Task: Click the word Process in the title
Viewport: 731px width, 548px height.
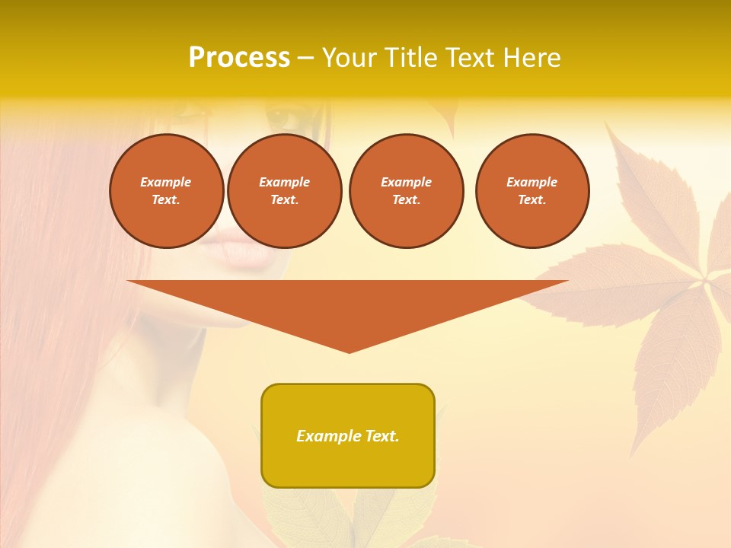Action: [x=239, y=58]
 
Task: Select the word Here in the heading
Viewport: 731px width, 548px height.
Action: [x=531, y=58]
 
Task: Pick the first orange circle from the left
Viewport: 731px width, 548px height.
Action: [x=166, y=191]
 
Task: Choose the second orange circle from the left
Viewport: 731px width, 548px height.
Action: [x=284, y=191]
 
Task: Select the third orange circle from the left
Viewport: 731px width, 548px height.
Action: [x=406, y=191]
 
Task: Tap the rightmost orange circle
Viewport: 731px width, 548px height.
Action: [x=531, y=191]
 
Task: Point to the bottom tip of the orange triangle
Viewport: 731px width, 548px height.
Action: [x=349, y=352]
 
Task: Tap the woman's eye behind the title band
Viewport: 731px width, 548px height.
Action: [x=282, y=117]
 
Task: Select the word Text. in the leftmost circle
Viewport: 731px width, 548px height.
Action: [x=166, y=200]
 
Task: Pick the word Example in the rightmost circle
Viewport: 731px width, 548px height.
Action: [x=531, y=182]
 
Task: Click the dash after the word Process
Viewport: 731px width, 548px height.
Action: [x=305, y=58]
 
